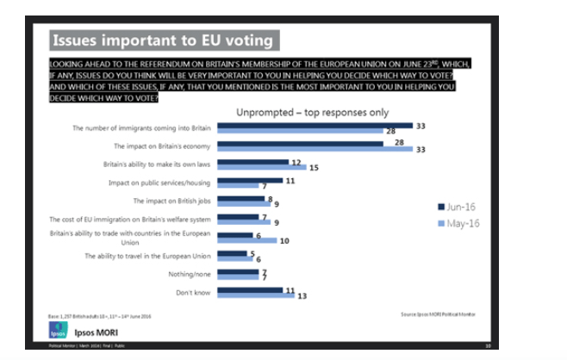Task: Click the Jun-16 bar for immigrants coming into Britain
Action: click(x=315, y=125)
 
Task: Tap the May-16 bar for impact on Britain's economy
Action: click(x=315, y=149)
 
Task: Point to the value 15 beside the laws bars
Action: click(x=314, y=167)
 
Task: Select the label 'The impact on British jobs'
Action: click(x=171, y=201)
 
